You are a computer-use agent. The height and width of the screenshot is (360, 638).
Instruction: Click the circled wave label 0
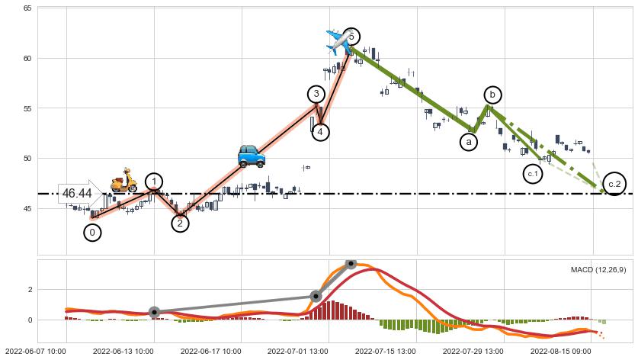92,233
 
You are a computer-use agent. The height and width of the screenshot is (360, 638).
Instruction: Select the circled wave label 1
154,182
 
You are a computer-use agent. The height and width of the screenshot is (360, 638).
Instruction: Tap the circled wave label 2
180,223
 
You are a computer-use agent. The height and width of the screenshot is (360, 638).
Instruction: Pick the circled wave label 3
317,94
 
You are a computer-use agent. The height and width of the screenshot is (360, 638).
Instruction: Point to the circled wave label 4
321,132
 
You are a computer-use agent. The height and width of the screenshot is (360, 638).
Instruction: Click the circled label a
469,142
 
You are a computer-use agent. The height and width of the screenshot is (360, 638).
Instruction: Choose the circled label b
493,95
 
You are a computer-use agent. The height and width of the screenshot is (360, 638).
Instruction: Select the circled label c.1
533,175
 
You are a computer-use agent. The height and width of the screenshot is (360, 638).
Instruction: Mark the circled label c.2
614,184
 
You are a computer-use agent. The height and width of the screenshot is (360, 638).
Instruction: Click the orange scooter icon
123,181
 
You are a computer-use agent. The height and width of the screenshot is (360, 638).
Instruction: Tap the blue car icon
251,156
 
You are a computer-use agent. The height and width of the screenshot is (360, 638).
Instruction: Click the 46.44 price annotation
77,194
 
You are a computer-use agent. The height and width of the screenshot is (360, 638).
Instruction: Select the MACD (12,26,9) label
598,269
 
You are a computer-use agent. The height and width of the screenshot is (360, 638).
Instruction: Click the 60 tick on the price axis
27,58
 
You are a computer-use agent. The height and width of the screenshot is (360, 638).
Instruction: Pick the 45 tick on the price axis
27,208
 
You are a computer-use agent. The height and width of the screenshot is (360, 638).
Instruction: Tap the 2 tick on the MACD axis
30,290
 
